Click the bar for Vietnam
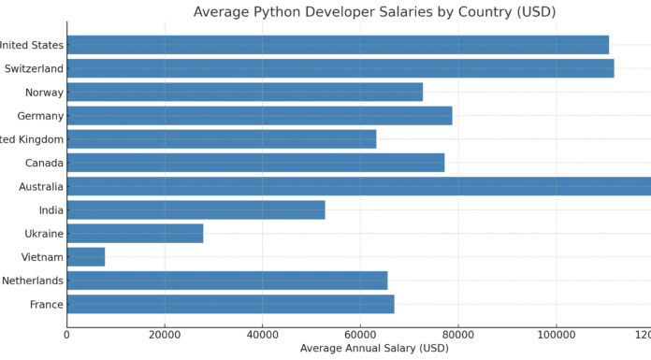tap(86, 256)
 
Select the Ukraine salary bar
tap(135, 233)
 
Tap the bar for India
tap(195, 209)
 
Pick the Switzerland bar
tap(340, 68)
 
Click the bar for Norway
tap(245, 92)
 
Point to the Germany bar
tap(259, 115)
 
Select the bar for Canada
tap(255, 163)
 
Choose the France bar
tap(230, 304)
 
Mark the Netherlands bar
tap(227, 281)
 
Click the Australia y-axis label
tap(41, 186)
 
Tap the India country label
tap(51, 209)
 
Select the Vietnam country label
tap(43, 256)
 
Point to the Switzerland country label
tap(34, 68)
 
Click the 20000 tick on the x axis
tap(165, 334)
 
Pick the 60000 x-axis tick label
tap(360, 334)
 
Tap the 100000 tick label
tap(556, 334)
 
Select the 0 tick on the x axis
tap(67, 334)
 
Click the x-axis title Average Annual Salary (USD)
tap(374, 348)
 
